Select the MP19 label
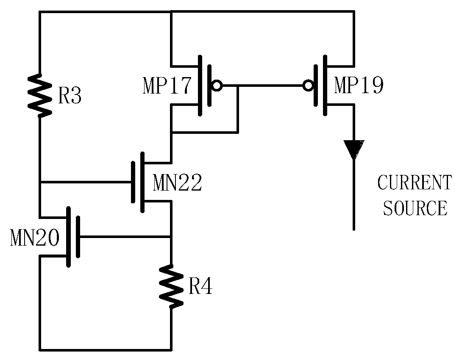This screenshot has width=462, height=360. [x=359, y=86]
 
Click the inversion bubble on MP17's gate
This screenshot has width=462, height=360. [x=217, y=86]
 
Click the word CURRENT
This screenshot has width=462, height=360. [x=414, y=183]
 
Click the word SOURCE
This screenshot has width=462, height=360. [x=415, y=208]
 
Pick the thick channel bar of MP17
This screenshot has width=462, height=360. [x=200, y=86]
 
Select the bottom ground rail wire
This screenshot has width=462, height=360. [x=106, y=350]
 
